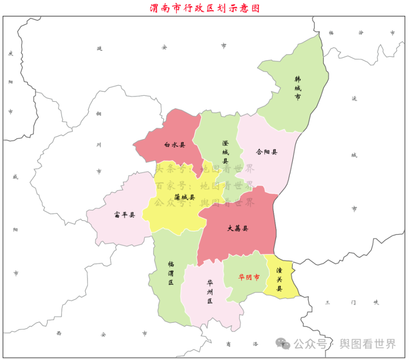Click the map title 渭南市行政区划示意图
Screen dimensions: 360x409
204,8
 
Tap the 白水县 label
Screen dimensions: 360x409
175,145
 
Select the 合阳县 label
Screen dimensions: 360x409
267,152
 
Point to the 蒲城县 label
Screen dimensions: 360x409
184,197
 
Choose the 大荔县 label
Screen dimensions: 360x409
238,228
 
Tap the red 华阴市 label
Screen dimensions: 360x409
249,277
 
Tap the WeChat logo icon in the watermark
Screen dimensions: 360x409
282,343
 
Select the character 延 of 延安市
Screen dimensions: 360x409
100,48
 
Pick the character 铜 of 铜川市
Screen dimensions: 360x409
99,113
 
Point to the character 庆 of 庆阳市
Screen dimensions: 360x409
11,53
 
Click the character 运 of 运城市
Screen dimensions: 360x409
354,99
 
